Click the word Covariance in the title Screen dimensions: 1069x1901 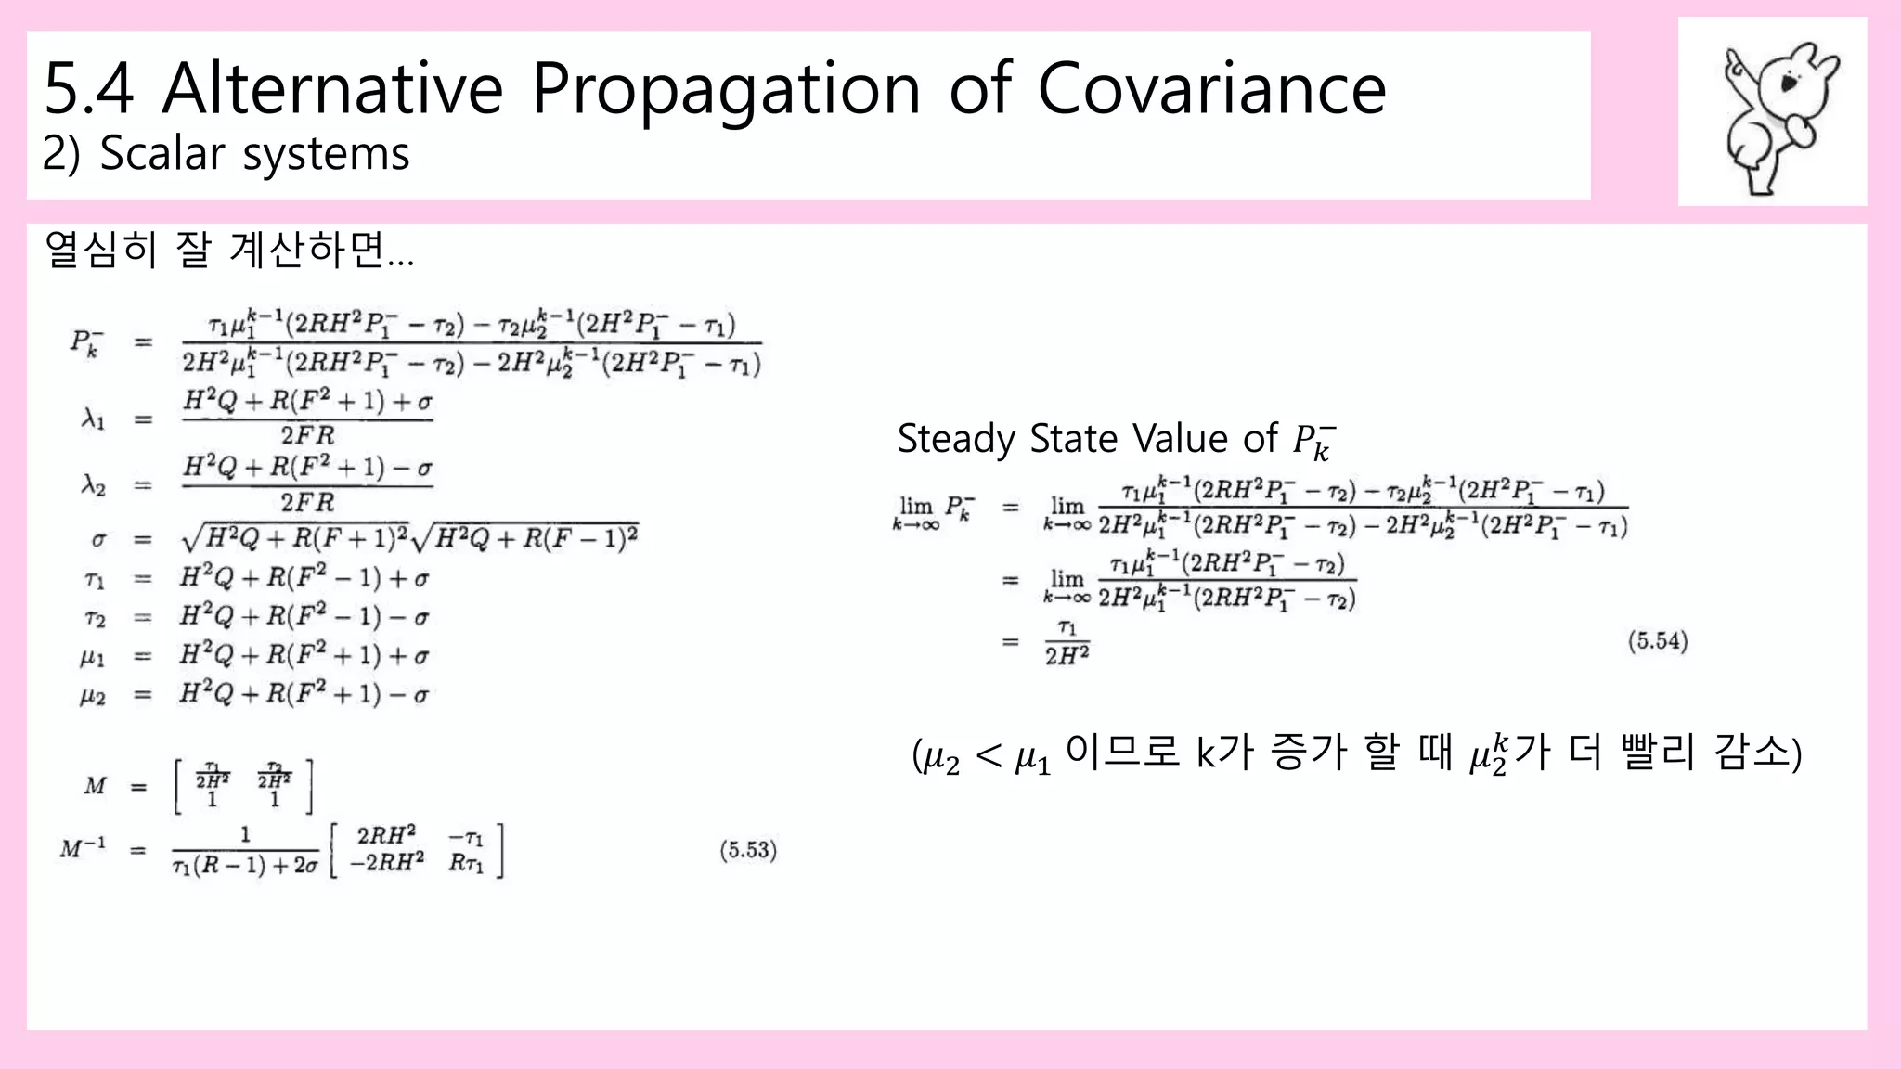point(1210,89)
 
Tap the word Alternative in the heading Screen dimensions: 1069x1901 point(332,89)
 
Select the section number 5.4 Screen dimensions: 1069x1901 point(88,89)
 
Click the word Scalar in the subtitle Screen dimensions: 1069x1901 point(162,153)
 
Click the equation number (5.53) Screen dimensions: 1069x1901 point(748,850)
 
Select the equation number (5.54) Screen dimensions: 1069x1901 point(1658,641)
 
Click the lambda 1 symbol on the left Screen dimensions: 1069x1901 point(93,419)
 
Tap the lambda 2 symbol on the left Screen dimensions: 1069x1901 point(93,485)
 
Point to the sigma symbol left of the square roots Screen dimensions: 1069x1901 point(98,539)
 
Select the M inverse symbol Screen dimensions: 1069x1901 point(84,848)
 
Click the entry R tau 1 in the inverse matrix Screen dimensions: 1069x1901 point(466,863)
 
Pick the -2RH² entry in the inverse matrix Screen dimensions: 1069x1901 point(386,863)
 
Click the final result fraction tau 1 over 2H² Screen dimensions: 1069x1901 point(1067,642)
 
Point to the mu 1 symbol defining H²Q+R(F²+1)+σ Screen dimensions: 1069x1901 point(93,657)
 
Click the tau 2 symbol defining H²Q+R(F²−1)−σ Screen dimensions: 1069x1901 point(95,618)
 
